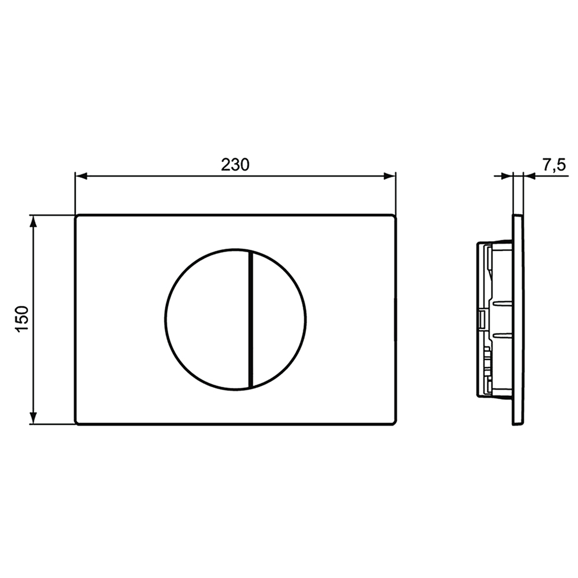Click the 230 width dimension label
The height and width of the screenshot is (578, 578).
coord(235,164)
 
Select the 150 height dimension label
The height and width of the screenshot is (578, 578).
coord(23,320)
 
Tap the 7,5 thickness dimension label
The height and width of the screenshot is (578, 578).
coord(553,165)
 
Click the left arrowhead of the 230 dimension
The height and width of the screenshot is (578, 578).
coord(81,176)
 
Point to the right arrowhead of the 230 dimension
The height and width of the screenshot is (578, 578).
coord(390,176)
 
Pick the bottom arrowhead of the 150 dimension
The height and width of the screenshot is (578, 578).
coord(33,418)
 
